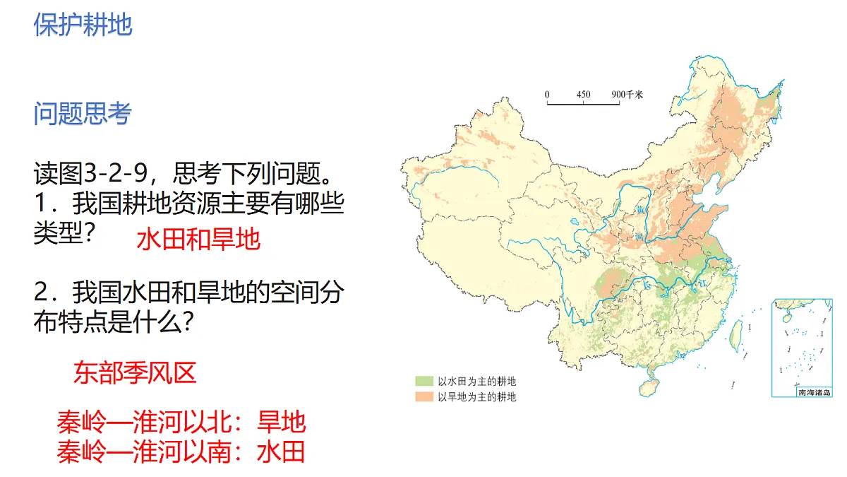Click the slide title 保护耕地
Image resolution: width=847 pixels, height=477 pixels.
click(83, 24)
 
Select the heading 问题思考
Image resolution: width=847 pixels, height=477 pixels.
click(83, 113)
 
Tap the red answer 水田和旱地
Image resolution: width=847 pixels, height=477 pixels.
click(198, 240)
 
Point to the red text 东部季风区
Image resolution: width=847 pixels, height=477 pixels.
click(134, 372)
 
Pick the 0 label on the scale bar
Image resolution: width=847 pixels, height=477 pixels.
click(547, 94)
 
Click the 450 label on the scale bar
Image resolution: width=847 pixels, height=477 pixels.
click(583, 94)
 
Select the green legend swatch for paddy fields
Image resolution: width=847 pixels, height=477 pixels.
click(423, 381)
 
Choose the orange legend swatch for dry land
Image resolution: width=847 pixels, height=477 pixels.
click(423, 396)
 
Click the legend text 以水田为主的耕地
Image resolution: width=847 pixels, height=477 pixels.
click(476, 381)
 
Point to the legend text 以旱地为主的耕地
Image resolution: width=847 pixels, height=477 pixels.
click(476, 396)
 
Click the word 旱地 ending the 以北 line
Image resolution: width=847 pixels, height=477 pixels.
click(282, 422)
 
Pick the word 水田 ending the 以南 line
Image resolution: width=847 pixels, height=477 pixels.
click(282, 451)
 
